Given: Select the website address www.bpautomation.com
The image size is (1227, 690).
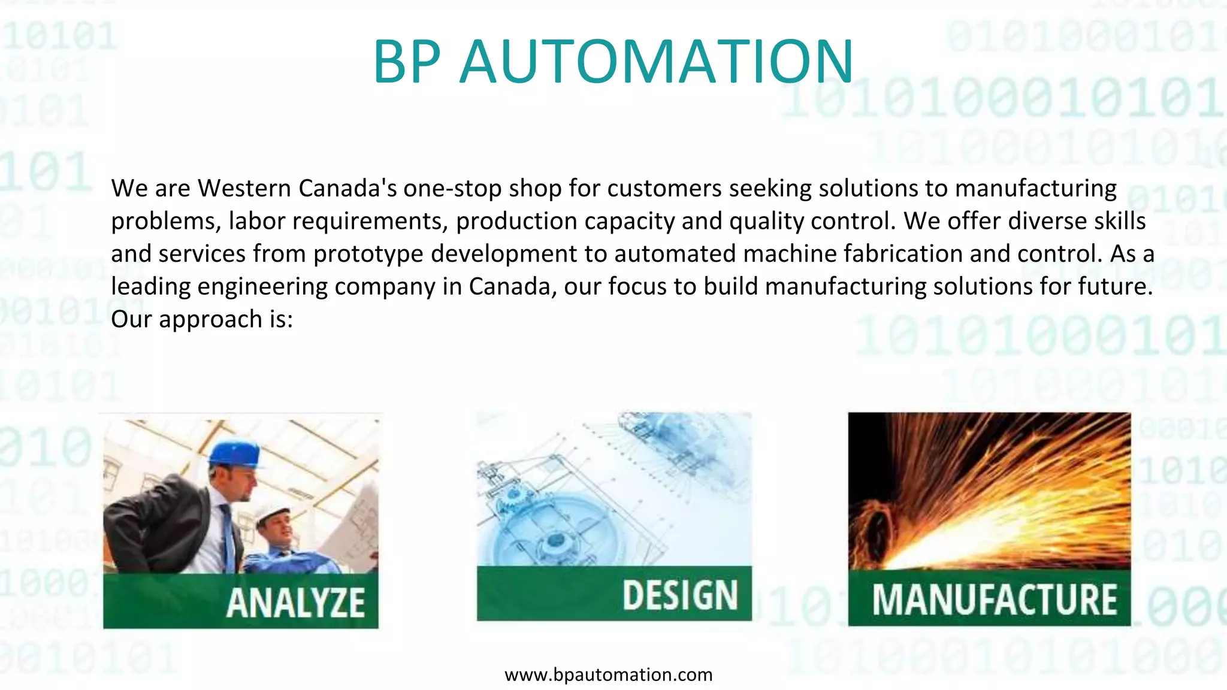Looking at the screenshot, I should (609, 675).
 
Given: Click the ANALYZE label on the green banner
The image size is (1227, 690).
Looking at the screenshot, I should (295, 602).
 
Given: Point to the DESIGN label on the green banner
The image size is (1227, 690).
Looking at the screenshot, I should (680, 595).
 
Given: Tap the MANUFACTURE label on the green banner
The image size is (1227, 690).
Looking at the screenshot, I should (995, 599).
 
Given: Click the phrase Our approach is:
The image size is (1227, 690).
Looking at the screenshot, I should (202, 319).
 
